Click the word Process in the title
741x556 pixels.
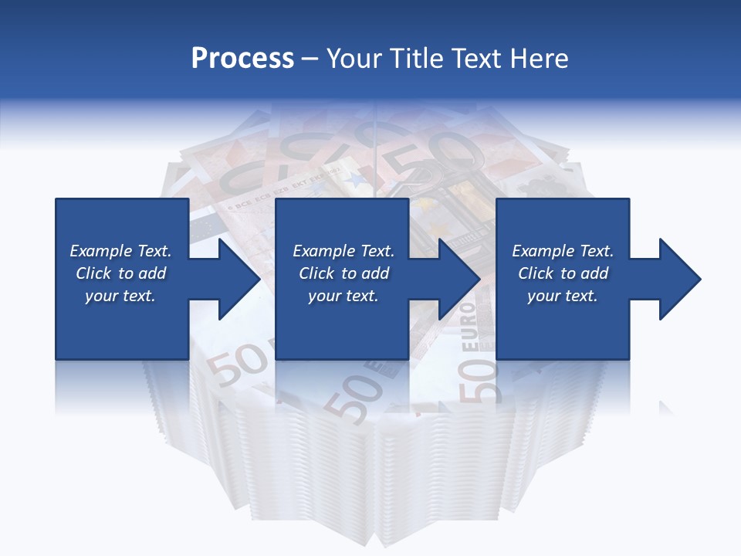(242, 59)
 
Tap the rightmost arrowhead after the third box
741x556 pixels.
(678, 279)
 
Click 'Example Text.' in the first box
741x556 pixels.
(120, 251)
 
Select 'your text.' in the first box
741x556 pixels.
(120, 296)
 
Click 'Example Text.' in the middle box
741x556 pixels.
(343, 251)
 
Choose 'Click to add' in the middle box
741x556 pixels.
(343, 273)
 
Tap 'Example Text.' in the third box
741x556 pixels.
(563, 251)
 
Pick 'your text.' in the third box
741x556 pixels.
(563, 296)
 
